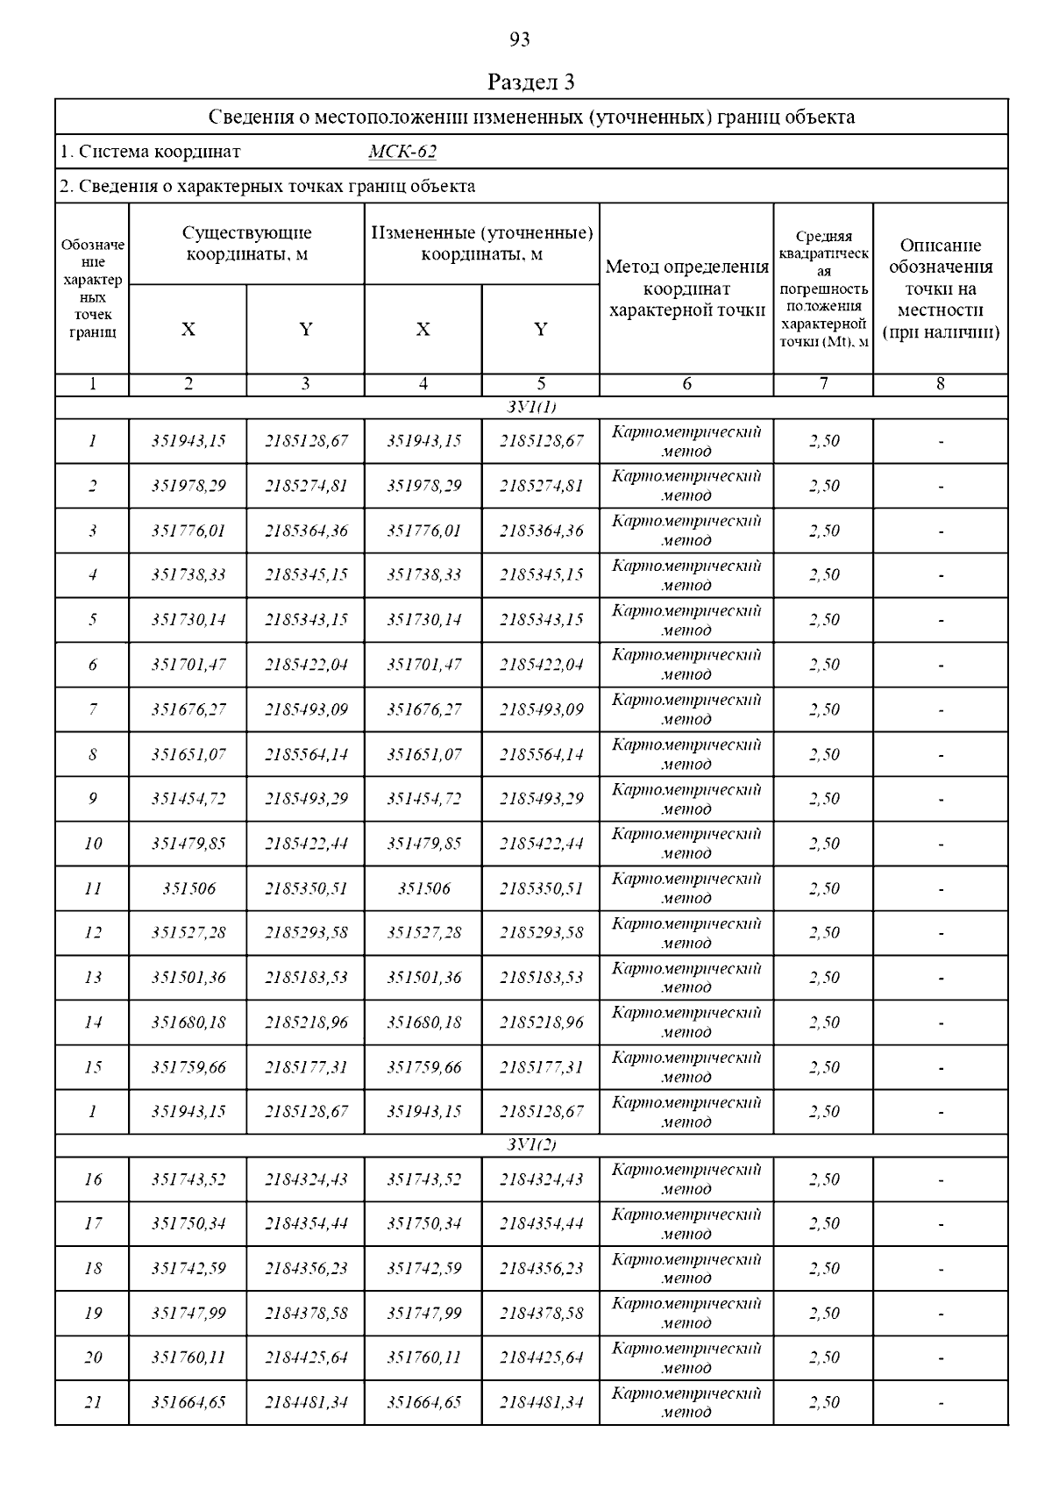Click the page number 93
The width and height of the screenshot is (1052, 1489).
(520, 39)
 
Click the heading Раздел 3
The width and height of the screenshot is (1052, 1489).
(530, 82)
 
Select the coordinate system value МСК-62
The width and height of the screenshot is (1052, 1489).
(402, 152)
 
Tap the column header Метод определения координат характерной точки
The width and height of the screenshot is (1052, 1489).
(686, 289)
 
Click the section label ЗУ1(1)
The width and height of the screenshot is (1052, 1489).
(531, 407)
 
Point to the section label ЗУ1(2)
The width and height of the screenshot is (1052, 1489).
(531, 1145)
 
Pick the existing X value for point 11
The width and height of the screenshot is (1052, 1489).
(188, 888)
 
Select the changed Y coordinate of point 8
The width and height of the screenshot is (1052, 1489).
(541, 754)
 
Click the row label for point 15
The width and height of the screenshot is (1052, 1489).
(93, 1067)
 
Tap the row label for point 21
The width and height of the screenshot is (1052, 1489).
(93, 1402)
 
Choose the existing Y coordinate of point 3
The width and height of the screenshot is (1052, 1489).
(306, 531)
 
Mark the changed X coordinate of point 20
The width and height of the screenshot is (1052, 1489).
(423, 1357)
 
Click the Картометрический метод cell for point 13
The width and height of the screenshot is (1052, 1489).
(686, 978)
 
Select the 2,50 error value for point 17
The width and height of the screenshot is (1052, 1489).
(824, 1223)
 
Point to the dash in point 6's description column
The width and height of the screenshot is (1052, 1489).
(941, 665)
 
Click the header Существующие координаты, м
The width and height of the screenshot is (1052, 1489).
(246, 244)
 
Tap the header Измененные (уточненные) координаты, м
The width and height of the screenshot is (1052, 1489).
(482, 244)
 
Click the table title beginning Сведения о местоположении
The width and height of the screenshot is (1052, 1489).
(531, 118)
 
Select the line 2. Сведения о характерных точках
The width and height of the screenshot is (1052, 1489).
(268, 186)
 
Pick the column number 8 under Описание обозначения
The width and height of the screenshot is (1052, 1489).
(941, 384)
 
